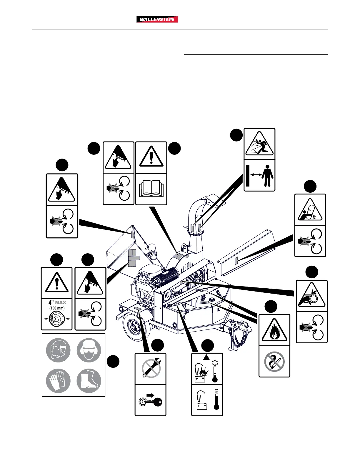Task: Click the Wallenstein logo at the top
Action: tap(157, 19)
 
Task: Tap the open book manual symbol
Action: tap(151, 189)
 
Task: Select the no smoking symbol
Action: tap(274, 362)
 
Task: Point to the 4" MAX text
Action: tap(57, 302)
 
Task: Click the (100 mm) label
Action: tap(57, 308)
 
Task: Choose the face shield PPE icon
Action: tap(58, 350)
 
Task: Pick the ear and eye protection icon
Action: tap(89, 350)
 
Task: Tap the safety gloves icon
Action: tap(58, 381)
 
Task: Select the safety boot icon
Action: tap(89, 381)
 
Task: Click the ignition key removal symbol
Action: tap(150, 400)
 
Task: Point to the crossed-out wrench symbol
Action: tap(151, 368)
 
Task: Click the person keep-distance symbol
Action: tap(260, 176)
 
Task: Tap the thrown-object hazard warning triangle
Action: tap(259, 144)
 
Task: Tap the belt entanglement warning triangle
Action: tap(311, 296)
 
